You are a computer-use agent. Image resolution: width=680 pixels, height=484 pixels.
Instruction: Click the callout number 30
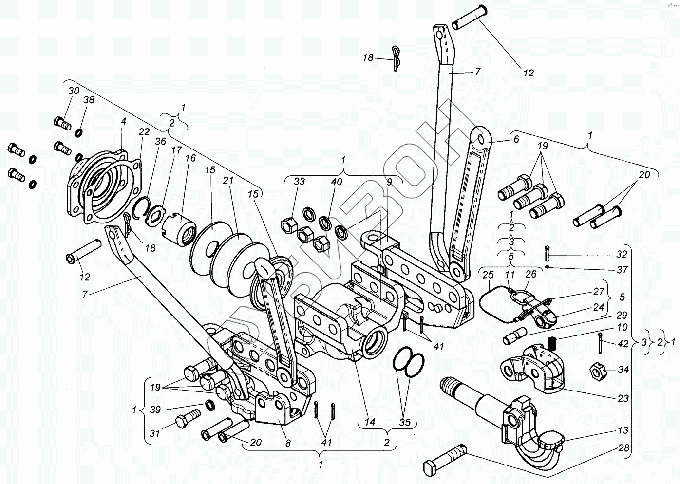tap(73, 91)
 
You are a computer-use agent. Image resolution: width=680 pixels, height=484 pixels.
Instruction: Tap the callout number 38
tap(89, 100)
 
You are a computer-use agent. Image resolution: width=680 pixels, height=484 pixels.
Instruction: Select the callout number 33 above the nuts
tap(299, 182)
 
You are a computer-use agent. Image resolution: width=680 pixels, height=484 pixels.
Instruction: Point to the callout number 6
tap(516, 139)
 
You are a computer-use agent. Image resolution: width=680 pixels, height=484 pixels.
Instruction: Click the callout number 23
tap(623, 398)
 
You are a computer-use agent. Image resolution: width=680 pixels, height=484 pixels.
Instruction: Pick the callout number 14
tap(370, 422)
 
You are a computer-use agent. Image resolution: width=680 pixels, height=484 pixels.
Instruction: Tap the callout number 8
tap(288, 443)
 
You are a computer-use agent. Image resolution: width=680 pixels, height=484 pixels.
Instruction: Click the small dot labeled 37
tap(548, 267)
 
